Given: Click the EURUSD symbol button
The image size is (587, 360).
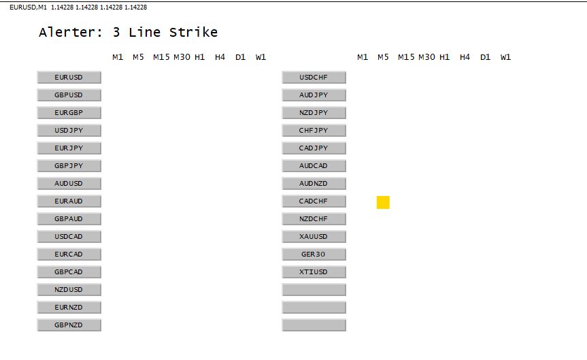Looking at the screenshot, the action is coord(69,78).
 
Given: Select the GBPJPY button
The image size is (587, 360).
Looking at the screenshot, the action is coord(69,166).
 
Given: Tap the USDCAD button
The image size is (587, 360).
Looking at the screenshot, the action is coord(69,237).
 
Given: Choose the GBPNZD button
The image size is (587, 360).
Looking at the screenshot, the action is coord(69,325).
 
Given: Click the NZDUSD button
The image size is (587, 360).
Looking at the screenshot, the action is coord(69,290).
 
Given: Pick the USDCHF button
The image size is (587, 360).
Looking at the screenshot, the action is coord(314,78).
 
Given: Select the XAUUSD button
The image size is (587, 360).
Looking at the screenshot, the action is coord(314,237).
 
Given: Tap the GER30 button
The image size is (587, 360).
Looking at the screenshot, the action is coord(314,255).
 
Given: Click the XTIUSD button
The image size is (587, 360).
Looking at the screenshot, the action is coord(314,272).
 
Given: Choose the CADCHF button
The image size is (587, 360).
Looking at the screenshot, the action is coord(314,201).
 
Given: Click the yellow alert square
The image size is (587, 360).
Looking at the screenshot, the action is coord(383,202).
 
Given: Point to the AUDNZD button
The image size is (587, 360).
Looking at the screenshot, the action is coord(314,184).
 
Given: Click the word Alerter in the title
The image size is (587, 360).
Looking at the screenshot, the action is coord(70,32).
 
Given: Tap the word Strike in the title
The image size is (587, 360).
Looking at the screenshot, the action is coord(193,32).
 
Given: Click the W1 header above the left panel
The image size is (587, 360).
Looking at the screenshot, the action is coord(261,57).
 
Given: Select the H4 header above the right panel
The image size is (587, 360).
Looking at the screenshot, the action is coord(465,57).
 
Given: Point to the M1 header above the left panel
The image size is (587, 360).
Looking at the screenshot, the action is coord(118,57).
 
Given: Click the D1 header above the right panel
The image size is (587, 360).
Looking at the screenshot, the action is coord(485,57).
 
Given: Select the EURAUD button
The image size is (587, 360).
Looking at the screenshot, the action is coord(69,201).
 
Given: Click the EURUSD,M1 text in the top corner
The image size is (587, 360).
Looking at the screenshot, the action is coord(28,7).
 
